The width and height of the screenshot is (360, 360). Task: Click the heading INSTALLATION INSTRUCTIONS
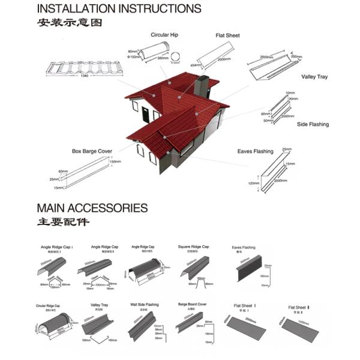click(x=119, y=9)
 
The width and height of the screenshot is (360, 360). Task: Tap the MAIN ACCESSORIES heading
click(x=92, y=208)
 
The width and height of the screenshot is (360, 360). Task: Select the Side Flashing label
click(x=313, y=124)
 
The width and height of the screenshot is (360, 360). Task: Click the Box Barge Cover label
click(x=92, y=151)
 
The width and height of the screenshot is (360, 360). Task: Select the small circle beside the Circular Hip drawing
click(x=175, y=58)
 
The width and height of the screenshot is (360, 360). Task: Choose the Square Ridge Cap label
click(x=193, y=247)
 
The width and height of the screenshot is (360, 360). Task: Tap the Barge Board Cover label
click(x=193, y=304)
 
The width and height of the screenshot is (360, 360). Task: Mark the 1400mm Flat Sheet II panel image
click(x=300, y=330)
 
